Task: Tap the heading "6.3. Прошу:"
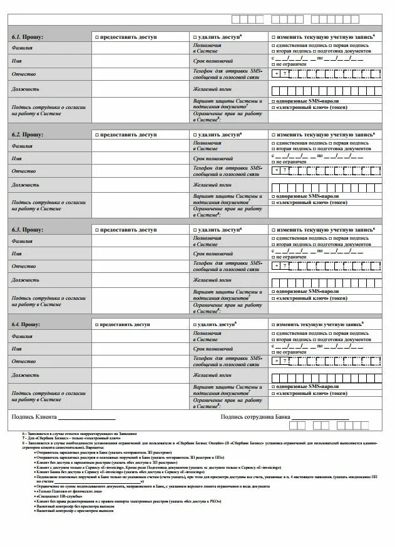(x=26, y=230)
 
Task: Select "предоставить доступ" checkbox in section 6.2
(x=97, y=135)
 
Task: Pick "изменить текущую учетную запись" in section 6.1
(x=273, y=38)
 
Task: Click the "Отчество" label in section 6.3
(x=24, y=266)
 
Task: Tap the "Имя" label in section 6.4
(x=17, y=349)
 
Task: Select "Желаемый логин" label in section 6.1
(x=213, y=89)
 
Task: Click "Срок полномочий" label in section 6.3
(x=213, y=253)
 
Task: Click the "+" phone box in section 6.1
(x=276, y=74)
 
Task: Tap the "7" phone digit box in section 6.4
(x=285, y=360)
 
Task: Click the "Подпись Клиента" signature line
(x=88, y=417)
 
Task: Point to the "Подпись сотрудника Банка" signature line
(x=320, y=417)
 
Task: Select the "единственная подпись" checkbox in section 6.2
(x=273, y=143)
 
